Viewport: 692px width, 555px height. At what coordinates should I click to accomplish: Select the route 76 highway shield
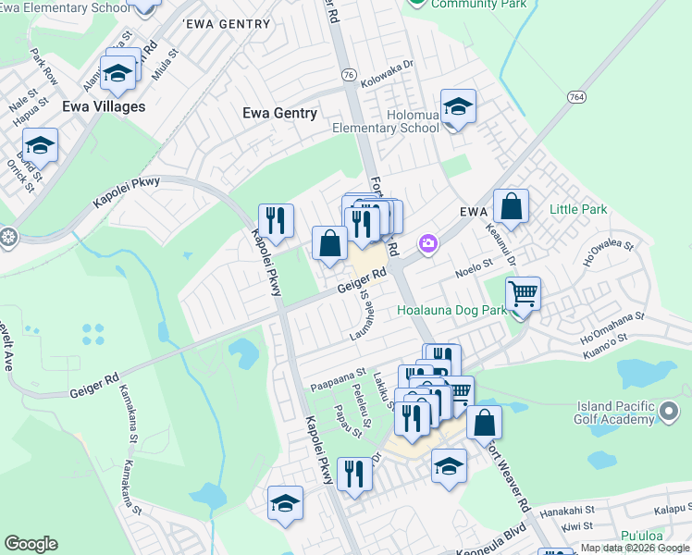[348, 75]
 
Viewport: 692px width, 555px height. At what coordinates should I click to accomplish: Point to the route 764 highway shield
[575, 96]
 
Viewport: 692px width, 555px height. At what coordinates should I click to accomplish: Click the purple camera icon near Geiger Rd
[427, 244]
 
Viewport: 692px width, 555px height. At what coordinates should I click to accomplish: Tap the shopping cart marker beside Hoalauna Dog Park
[523, 295]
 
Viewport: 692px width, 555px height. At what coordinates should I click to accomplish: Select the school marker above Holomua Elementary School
[458, 107]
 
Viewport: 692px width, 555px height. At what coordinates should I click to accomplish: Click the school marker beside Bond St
[40, 146]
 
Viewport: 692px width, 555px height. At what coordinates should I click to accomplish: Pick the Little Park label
[578, 209]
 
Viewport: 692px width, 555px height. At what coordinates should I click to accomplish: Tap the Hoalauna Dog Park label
[452, 311]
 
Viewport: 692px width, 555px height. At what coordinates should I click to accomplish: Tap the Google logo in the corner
[31, 544]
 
